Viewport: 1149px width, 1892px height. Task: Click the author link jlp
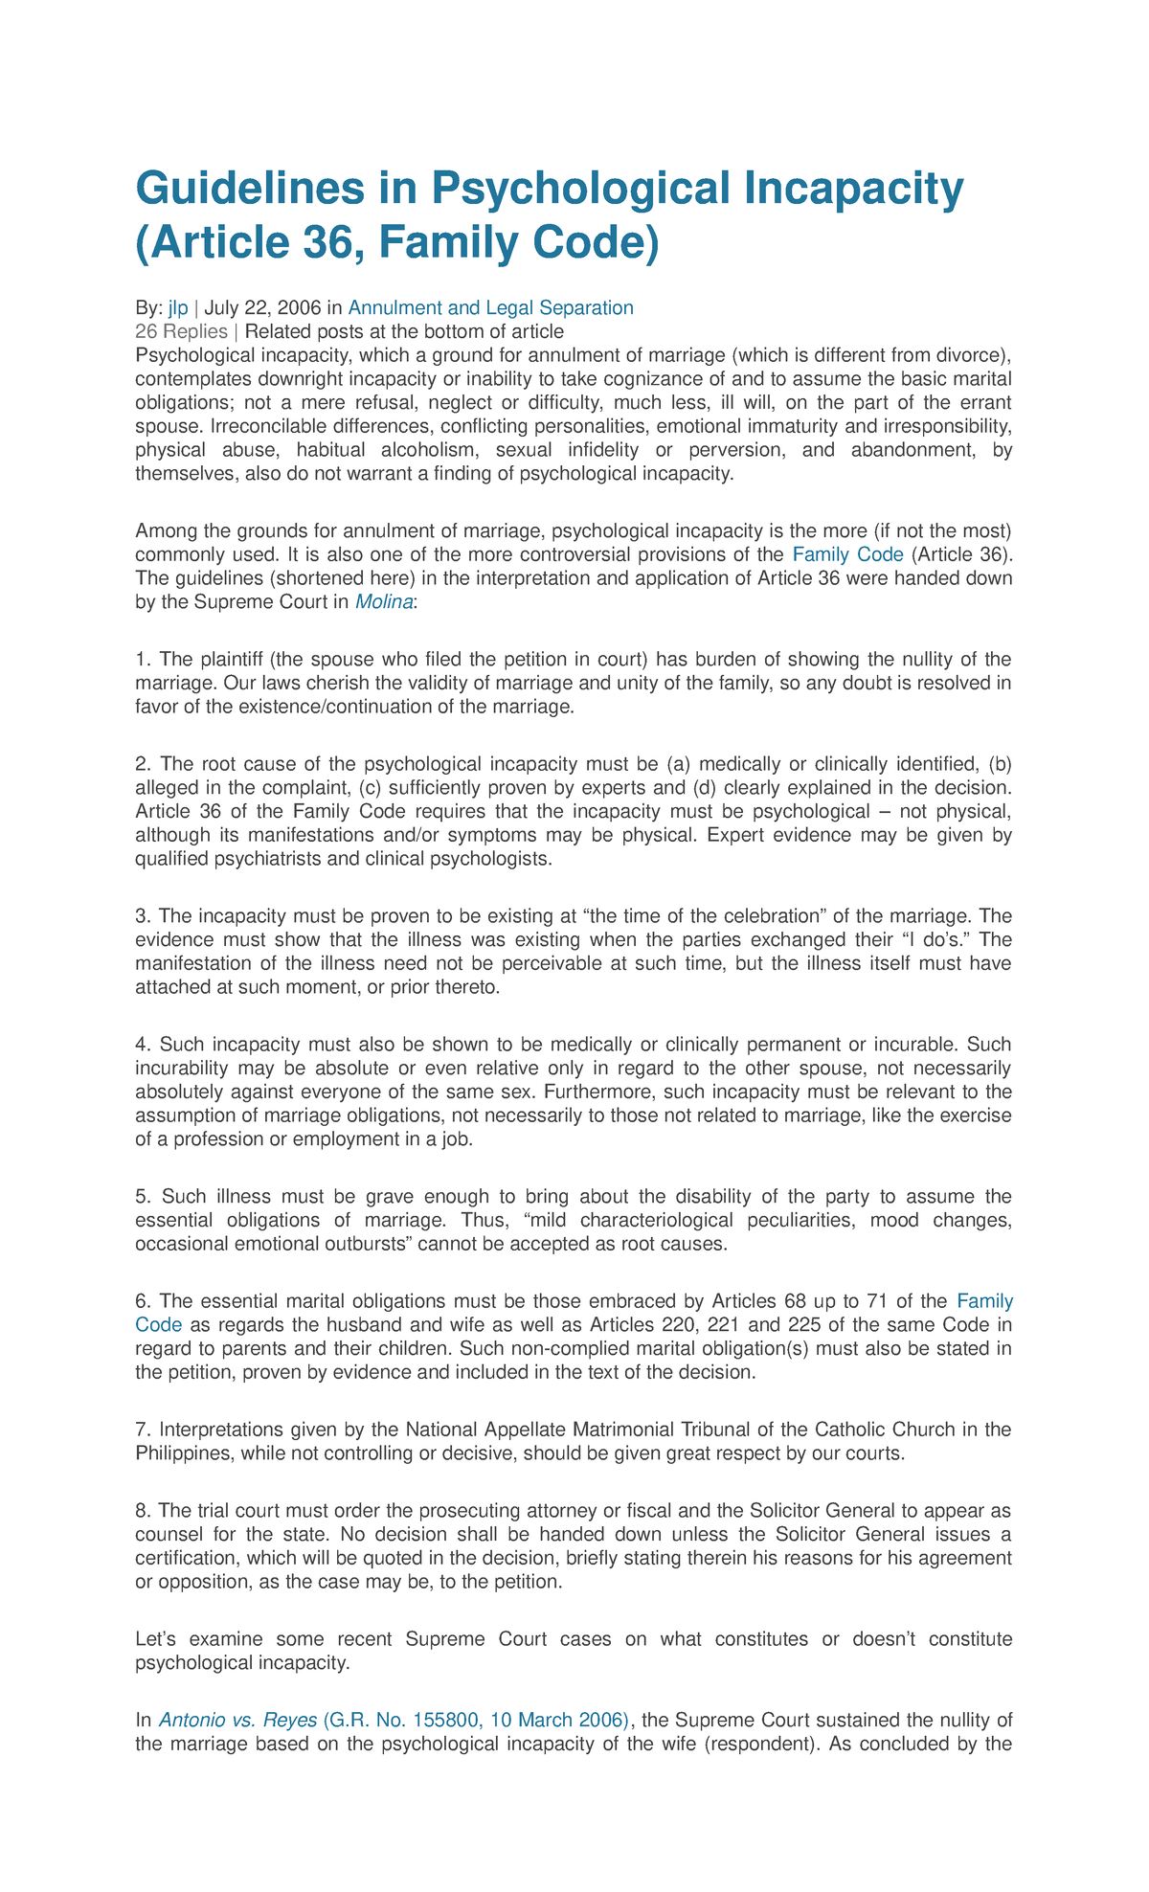coord(178,307)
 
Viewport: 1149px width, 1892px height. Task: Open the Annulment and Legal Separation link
coord(490,307)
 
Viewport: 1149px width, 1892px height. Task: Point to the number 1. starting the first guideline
coord(144,659)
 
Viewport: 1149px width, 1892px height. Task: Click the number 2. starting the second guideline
coord(144,764)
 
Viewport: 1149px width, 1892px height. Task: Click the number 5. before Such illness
coord(144,1196)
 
